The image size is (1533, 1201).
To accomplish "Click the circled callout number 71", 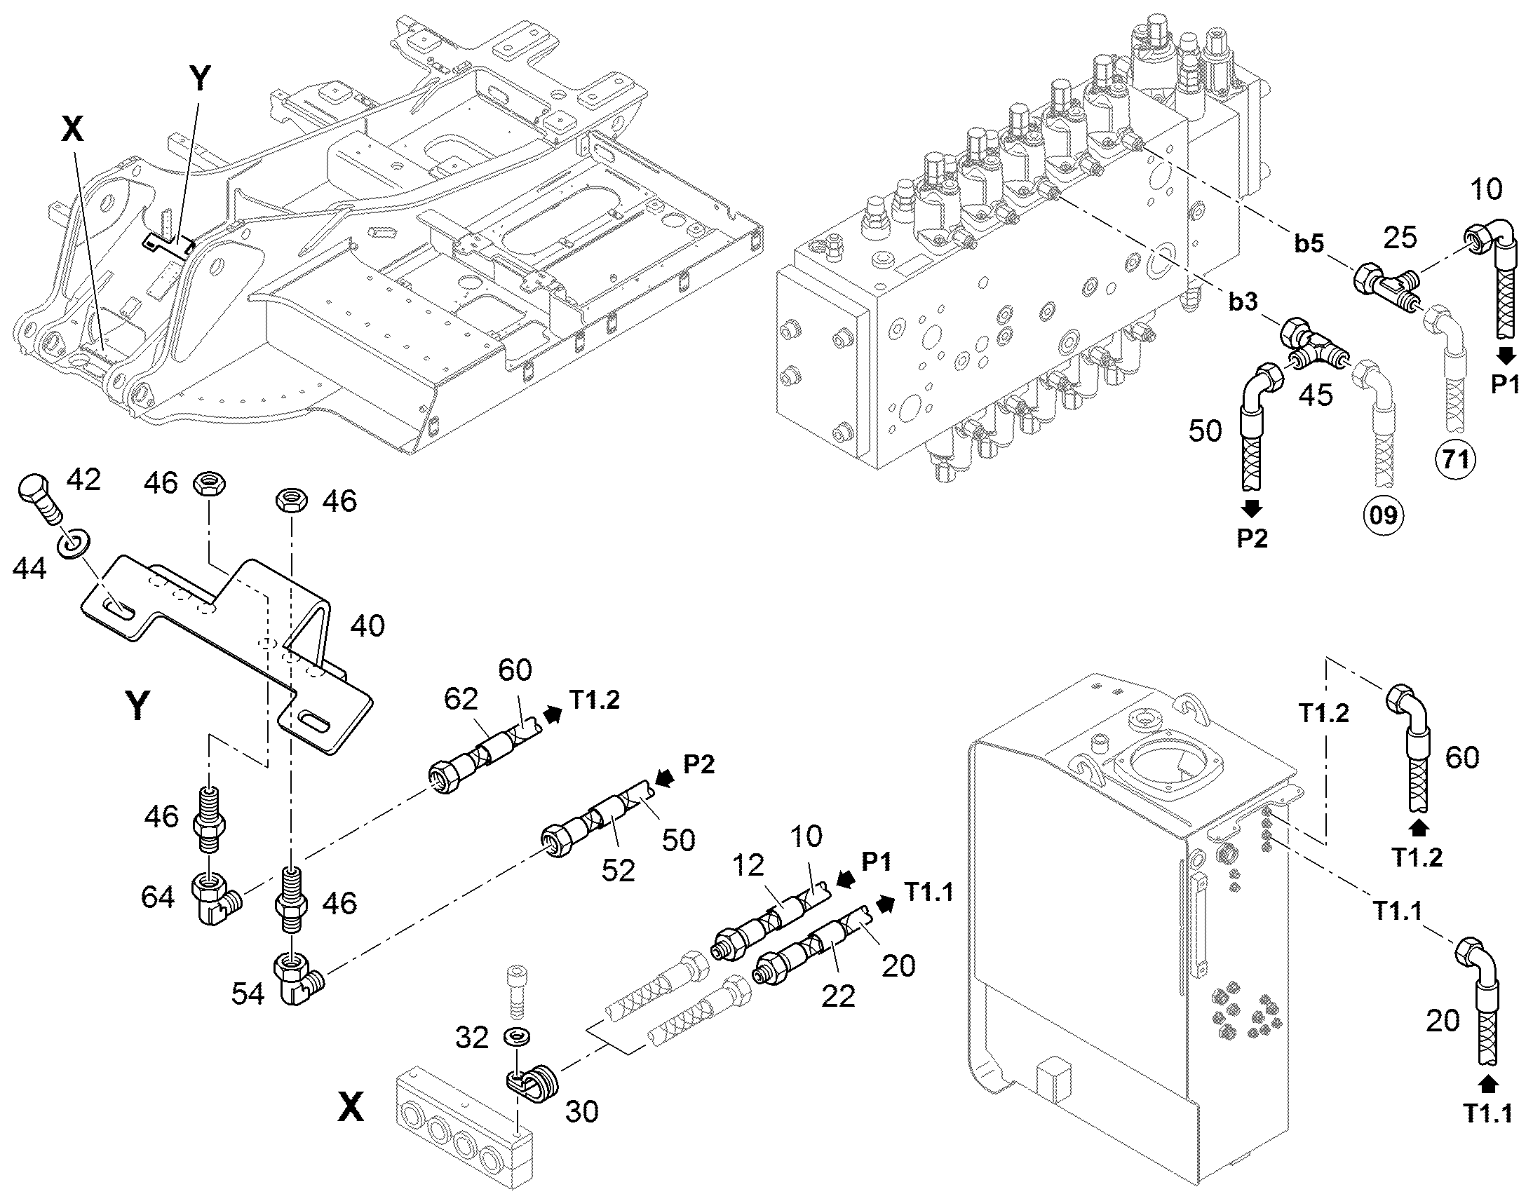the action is click(1456, 460).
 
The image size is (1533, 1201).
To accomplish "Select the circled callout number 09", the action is click(1383, 516).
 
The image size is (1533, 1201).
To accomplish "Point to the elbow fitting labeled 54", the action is click(299, 978).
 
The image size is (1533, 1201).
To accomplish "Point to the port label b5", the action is click(1309, 244).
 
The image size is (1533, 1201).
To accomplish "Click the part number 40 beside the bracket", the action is click(367, 625).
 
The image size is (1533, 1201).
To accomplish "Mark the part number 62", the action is click(461, 699).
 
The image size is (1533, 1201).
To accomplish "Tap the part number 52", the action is click(618, 871).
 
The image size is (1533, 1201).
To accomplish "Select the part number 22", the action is click(838, 996).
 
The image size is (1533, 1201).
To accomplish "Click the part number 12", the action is click(748, 867).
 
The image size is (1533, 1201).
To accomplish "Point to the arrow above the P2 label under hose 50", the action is click(1252, 507).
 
